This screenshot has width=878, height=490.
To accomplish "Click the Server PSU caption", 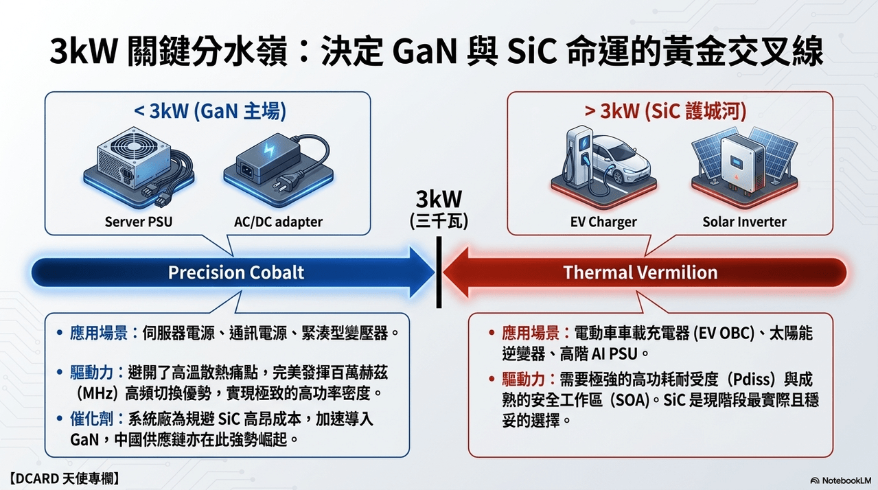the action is click(x=139, y=222).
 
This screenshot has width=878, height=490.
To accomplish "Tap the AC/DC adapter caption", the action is click(x=278, y=222).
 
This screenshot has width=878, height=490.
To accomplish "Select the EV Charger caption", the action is click(x=603, y=222).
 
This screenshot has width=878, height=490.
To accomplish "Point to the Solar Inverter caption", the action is click(x=744, y=222).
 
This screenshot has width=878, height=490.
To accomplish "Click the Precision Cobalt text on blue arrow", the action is click(x=236, y=272).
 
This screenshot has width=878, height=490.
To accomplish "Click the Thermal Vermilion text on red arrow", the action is click(x=640, y=272).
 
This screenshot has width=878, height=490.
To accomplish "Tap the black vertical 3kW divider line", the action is click(x=439, y=272).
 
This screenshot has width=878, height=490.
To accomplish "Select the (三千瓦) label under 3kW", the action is click(x=439, y=221).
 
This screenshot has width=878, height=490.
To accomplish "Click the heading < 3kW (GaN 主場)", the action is click(x=210, y=111).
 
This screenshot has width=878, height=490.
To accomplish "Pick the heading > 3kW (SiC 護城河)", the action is click(x=666, y=111).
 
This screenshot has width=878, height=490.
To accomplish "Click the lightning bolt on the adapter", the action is click(x=270, y=150).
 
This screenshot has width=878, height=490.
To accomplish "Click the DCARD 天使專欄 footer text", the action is click(x=63, y=478).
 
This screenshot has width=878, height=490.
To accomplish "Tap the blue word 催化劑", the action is click(x=91, y=419).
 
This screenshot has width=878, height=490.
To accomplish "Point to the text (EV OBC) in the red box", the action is click(x=724, y=334).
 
